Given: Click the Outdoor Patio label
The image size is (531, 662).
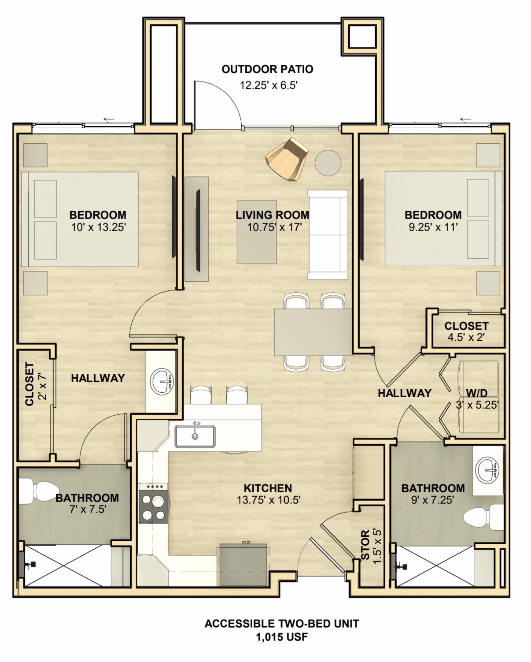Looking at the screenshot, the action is point(267,69).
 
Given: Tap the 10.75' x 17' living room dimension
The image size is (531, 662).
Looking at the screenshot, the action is point(274,227).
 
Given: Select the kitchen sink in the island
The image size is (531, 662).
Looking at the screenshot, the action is point(195,436).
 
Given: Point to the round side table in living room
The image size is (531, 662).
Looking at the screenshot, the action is point(328,163).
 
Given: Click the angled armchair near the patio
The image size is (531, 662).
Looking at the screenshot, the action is point(287,159).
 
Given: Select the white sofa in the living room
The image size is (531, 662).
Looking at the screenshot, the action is point(328,235).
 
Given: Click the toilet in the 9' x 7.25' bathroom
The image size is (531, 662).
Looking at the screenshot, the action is point(483,517).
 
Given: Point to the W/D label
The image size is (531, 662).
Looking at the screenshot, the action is point(476,393).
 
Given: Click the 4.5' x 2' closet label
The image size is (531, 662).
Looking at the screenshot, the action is point(466,338).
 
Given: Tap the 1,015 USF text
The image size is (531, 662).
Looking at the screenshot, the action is point(282,637).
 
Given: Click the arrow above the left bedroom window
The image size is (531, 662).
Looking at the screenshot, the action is point(109,119).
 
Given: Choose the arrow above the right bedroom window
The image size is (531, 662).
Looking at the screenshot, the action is point(465,119).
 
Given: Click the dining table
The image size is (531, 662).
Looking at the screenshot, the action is point(313,332).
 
